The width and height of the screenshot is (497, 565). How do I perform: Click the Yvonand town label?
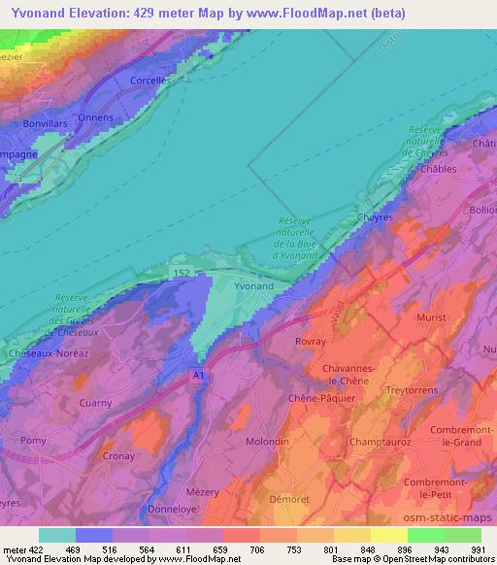click(x=253, y=286)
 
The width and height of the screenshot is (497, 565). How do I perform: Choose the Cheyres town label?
click(x=375, y=217)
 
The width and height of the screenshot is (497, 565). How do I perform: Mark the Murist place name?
click(x=431, y=317)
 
